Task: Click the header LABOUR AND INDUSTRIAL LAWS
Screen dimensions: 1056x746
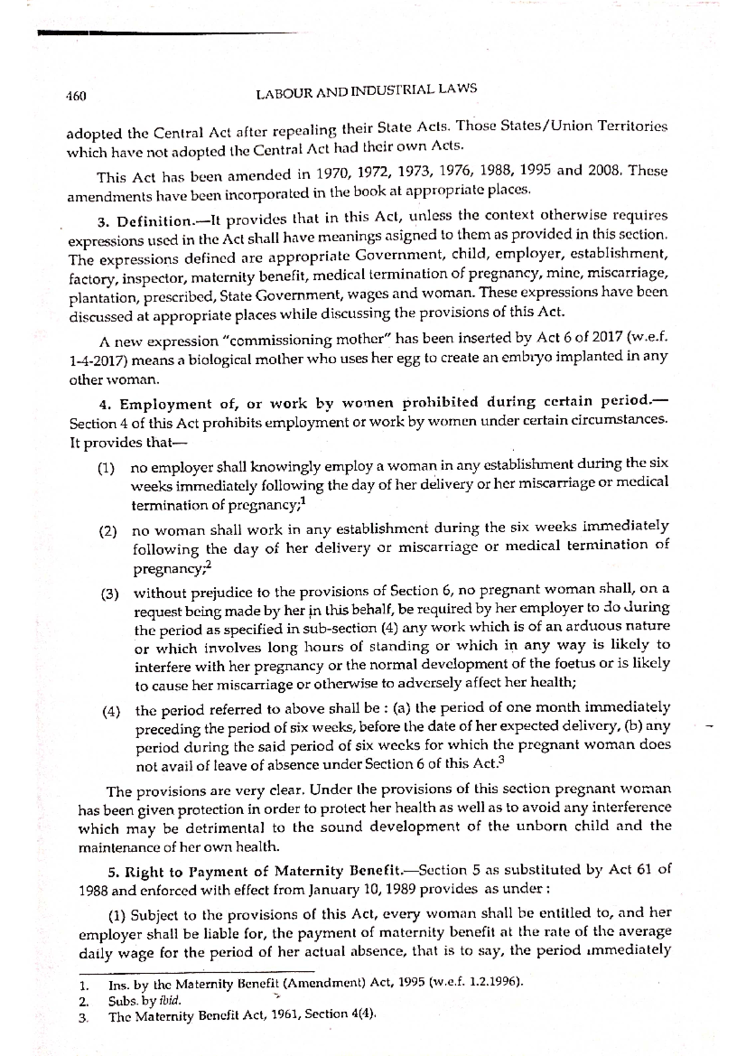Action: click(x=367, y=91)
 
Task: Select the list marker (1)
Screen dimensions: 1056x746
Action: click(x=107, y=468)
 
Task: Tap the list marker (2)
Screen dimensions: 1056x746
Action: click(x=108, y=532)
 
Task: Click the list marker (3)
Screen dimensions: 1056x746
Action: click(x=110, y=594)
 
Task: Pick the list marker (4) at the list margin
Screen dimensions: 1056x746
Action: click(x=111, y=712)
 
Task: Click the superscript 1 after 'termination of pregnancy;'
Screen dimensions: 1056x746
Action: click(x=303, y=501)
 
